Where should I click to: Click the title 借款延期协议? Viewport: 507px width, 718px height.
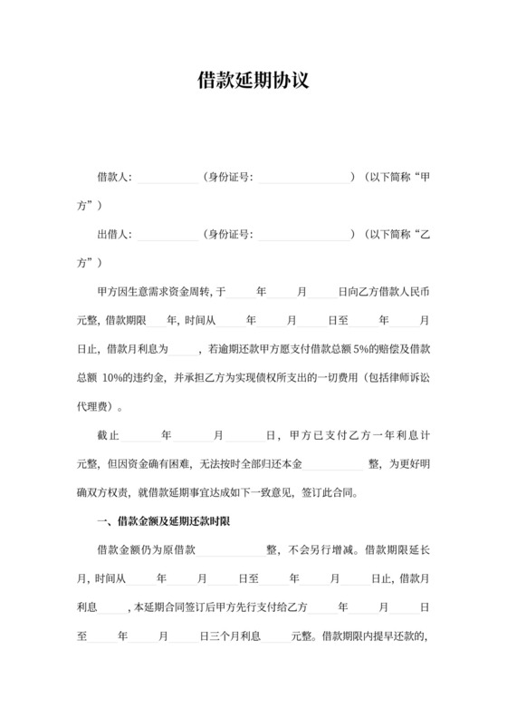point(253,81)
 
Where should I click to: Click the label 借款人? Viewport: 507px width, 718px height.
point(114,177)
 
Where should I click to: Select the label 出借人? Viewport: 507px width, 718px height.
point(114,235)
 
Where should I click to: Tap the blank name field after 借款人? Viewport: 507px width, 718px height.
point(167,178)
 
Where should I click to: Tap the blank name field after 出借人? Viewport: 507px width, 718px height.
point(167,236)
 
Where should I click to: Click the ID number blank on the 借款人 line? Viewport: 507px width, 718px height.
point(302,178)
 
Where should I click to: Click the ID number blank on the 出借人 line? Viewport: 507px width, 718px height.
point(302,236)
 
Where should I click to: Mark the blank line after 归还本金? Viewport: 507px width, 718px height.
point(337,465)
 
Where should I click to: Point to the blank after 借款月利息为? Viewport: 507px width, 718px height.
point(181,350)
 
